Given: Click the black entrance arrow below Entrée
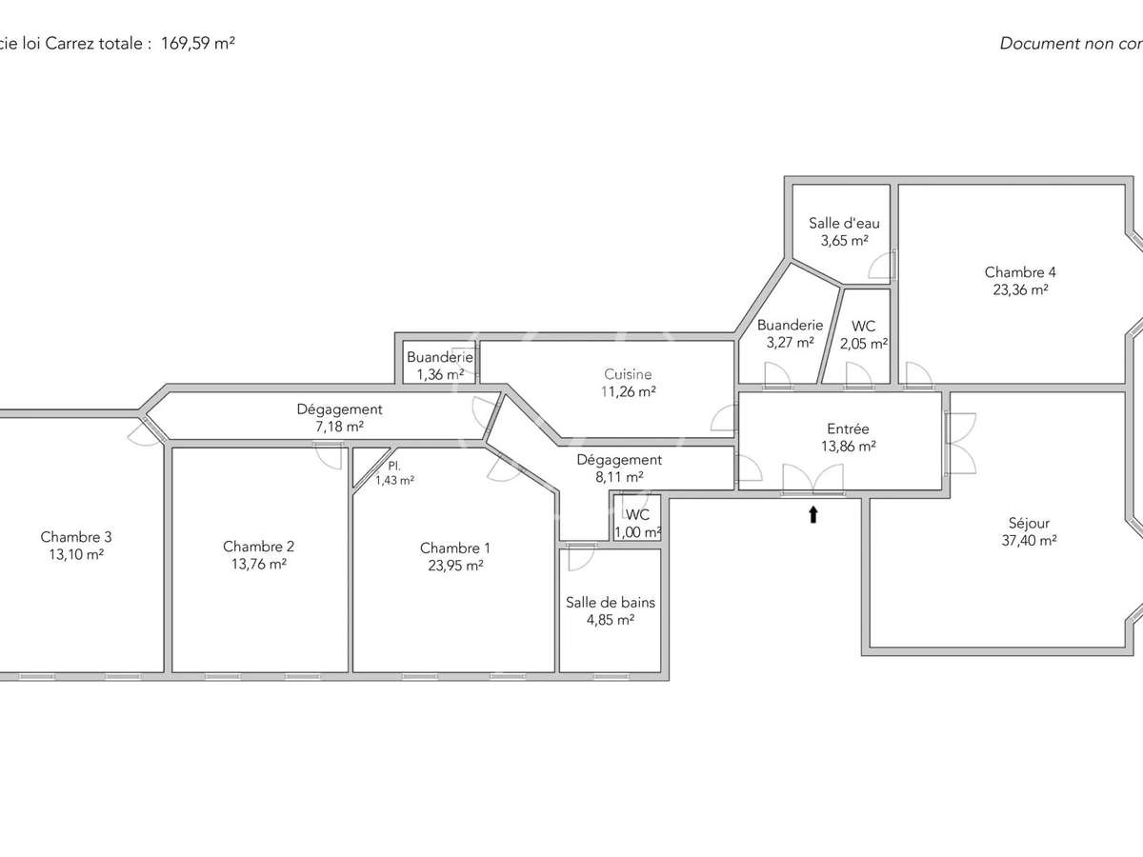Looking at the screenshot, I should coord(812,515).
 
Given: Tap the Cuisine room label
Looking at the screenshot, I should coord(628,374).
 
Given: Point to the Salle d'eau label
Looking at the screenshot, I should coord(844,223).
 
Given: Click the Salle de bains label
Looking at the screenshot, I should coord(610,602).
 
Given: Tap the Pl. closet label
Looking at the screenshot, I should coord(393,466).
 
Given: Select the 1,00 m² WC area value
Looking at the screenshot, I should coord(637,532).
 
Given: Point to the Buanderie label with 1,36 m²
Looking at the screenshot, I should coord(439,357).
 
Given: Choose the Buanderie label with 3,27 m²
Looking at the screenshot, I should coord(790,325).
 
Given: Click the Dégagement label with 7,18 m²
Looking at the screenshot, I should coord(339,409).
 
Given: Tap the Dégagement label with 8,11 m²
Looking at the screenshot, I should coord(618,460).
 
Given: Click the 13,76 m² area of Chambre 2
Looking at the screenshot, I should coord(258,564).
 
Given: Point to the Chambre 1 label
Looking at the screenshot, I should coord(454,548).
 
